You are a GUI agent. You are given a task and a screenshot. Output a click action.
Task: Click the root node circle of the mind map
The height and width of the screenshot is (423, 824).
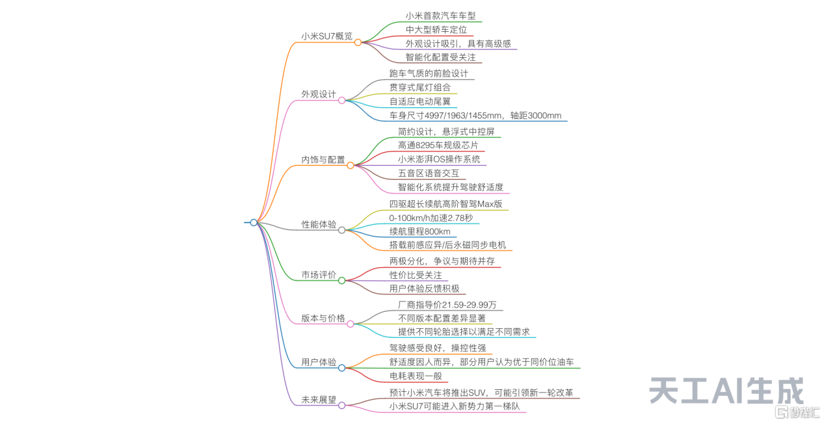coord(254,222)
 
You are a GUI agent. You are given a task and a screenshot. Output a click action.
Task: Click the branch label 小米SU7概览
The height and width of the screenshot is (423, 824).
coord(326,36)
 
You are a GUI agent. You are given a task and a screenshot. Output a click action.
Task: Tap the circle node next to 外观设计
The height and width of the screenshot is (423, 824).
coord(341,100)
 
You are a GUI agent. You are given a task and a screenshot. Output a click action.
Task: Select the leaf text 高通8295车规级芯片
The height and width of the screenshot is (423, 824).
coord(438,145)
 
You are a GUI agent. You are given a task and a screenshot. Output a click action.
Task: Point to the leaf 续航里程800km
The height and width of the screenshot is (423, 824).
coord(419,231)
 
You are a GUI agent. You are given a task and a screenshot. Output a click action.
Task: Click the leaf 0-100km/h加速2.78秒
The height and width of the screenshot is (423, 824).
coord(431,218)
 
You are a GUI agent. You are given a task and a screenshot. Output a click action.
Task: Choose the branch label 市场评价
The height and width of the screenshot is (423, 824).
coord(319,274)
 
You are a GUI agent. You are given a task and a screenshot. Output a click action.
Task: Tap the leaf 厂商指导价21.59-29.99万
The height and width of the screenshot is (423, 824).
coord(447,305)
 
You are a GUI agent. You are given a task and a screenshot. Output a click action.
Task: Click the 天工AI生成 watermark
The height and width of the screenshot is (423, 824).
coord(726,391)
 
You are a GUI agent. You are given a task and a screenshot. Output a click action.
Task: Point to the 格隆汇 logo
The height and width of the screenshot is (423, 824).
coord(797,413)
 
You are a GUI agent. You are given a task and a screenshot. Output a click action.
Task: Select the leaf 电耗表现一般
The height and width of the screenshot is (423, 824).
coord(416,376)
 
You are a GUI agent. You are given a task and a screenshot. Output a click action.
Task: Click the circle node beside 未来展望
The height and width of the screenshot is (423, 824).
coord(341,405)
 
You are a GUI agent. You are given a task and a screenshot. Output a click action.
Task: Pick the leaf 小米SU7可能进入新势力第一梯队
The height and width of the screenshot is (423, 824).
coord(455,406)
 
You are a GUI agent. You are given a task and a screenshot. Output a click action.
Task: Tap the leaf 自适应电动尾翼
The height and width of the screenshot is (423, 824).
coord(419,101)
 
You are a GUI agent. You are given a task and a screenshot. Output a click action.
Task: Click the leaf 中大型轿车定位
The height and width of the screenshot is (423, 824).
coord(436,29)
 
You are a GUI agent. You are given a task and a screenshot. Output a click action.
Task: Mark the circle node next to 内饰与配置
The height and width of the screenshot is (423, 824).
coord(351,166)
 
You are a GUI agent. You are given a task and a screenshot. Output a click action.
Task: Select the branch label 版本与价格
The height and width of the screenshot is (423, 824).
coord(323,318)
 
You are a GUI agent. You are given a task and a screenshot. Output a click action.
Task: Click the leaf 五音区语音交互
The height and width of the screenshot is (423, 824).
coord(429,173)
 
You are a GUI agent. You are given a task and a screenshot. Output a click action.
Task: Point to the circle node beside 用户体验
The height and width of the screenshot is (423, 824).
coord(341,368)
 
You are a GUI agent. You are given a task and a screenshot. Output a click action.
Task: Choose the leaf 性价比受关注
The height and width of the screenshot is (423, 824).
coord(416,275)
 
